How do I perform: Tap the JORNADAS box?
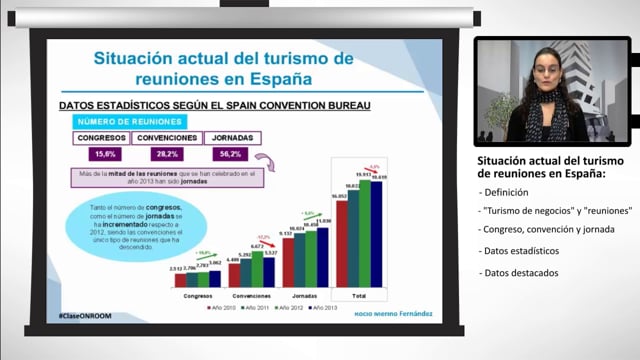[231, 138]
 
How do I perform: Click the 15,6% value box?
[103, 154]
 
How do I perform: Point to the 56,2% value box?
[231, 154]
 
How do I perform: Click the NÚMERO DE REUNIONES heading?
[114, 120]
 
